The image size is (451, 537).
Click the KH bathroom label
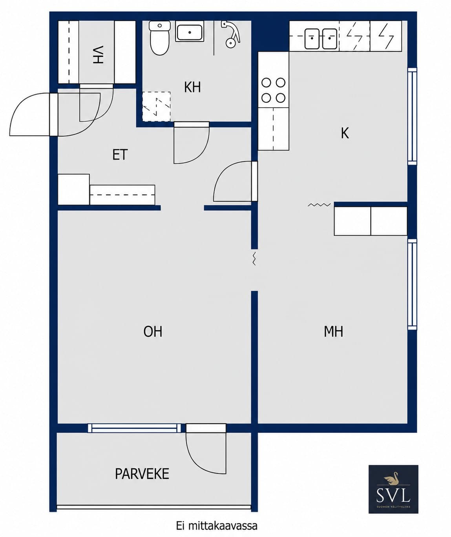tap(192, 87)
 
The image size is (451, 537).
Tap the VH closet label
tap(98, 55)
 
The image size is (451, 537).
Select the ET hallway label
tap(120, 155)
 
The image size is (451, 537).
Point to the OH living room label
tap(153, 331)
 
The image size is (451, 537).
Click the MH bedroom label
tap(333, 331)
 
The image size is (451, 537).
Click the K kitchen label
tap(345, 133)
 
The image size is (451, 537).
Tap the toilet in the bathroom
tap(160, 38)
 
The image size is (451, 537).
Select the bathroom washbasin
tap(190, 32)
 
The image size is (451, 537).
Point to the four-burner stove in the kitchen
tap(273, 91)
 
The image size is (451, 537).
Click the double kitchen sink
tap(321, 38)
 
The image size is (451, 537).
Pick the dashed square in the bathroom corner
tap(156, 106)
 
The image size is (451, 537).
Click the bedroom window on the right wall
tap(412, 284)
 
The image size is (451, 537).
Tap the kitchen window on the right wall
tap(412, 116)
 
